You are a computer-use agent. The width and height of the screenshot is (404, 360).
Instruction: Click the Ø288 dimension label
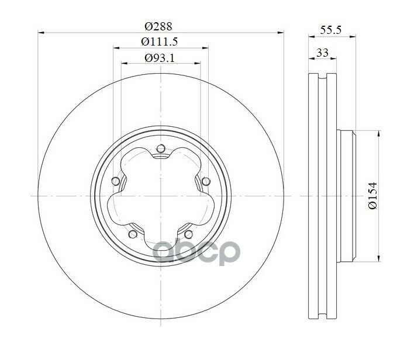[158, 26]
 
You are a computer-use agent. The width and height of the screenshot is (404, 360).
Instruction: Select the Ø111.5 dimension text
[160, 41]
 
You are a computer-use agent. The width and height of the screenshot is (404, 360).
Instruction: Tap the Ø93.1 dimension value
[160, 58]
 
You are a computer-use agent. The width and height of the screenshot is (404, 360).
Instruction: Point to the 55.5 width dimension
[330, 30]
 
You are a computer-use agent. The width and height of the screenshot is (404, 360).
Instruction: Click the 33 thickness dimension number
[322, 53]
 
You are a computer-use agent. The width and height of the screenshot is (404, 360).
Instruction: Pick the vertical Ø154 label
[372, 196]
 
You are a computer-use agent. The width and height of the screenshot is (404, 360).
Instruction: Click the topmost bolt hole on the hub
[161, 148]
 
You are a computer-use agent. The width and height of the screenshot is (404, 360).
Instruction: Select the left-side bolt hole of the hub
[116, 181]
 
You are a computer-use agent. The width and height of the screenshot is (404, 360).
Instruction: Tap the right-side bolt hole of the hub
[206, 181]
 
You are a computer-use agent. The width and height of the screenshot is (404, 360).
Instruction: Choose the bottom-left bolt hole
[133, 234]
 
